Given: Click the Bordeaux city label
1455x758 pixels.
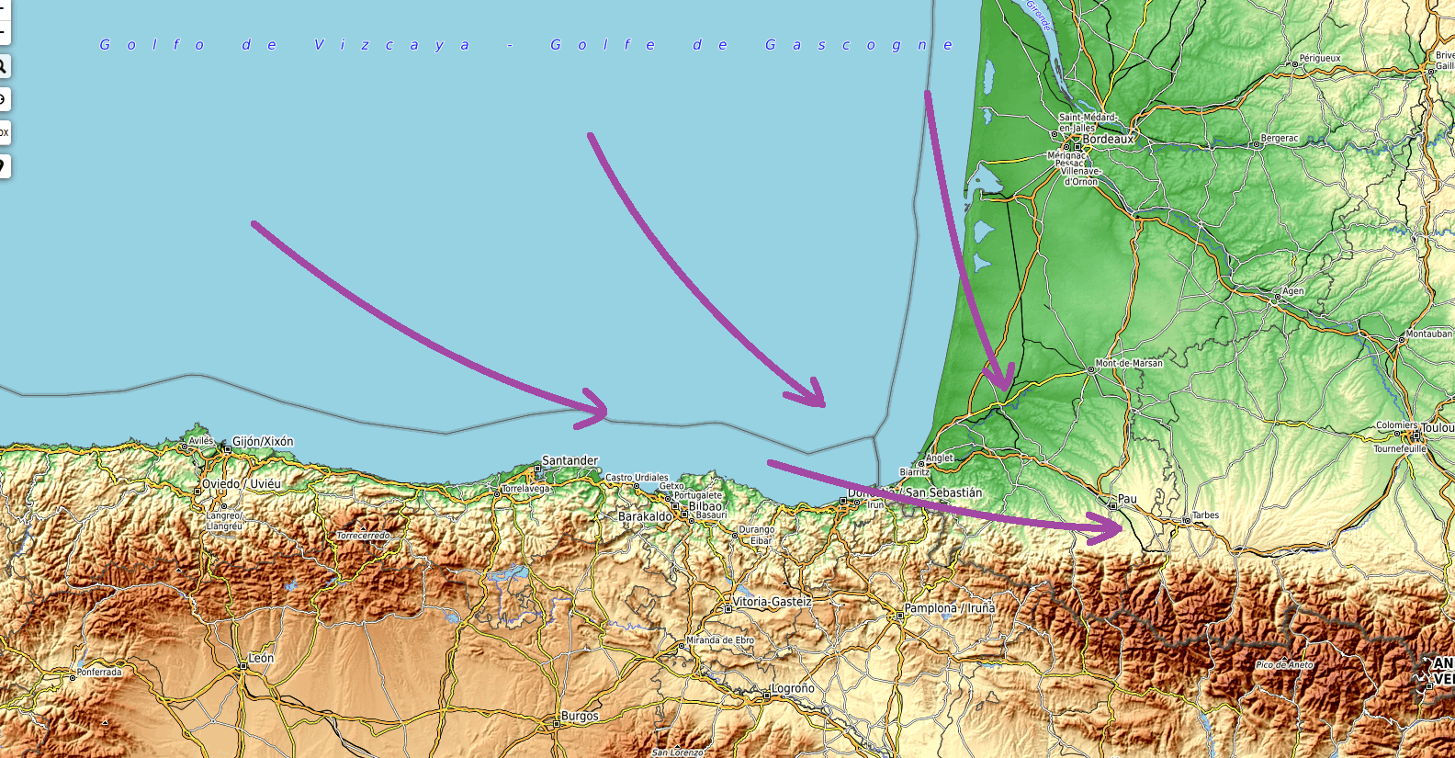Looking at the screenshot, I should coord(1108,140).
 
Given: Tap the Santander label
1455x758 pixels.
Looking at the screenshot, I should coord(570,460).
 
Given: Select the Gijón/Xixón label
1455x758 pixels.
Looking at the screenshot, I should coord(263,442).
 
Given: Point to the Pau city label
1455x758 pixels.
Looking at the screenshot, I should coord(1127,499).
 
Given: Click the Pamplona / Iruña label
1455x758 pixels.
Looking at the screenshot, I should coord(949,608).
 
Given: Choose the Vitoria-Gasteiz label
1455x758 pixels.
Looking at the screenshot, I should coord(772,602).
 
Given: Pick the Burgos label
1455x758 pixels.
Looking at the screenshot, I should coord(580,716).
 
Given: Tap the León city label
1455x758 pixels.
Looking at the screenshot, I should coord(261,658).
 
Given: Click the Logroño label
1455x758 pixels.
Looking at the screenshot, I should coord(792,688).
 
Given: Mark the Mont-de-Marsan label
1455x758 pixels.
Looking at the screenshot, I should coord(1128,363).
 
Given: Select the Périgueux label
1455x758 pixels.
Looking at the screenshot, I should coord(1320,58).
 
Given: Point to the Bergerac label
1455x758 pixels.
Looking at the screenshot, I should coord(1280,139).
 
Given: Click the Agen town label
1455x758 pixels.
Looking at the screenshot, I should coord(1292,291).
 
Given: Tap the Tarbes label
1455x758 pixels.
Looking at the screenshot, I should coord(1205,515).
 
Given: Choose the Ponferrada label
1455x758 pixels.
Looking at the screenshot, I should coord(99,673).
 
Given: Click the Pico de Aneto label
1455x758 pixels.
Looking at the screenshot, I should coord(1284,664).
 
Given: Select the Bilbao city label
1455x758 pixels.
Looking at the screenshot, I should coord(705,506).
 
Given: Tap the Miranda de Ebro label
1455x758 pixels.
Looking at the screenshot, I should coord(720,640).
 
